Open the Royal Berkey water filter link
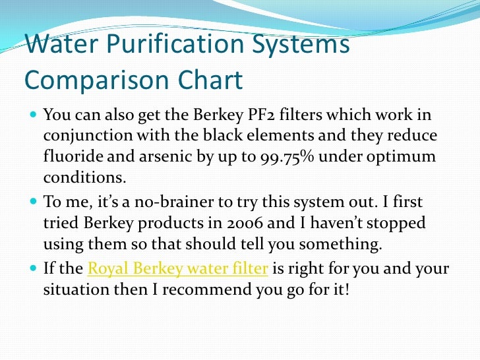[178, 268]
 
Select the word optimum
[406, 158]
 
